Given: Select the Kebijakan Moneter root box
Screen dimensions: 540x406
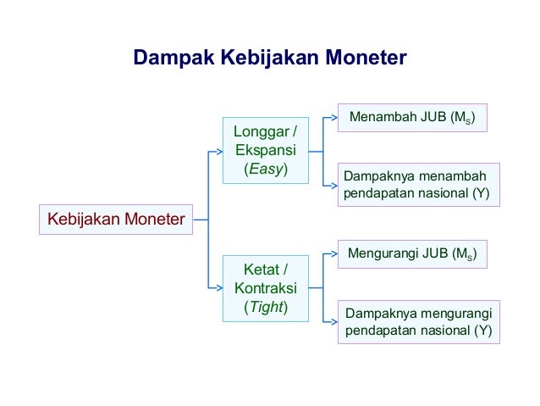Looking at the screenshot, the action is (x=116, y=220).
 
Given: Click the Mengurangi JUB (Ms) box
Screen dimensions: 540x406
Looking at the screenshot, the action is (x=412, y=253).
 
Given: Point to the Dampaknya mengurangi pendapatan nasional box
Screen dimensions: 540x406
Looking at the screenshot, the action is (x=418, y=321).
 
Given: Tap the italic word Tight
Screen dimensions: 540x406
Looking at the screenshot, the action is (x=266, y=306).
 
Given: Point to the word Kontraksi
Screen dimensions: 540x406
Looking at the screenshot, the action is (x=266, y=288).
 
